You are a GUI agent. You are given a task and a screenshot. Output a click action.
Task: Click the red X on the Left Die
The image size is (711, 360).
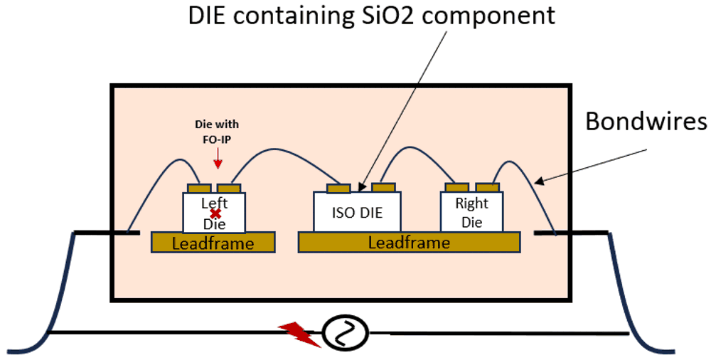215,213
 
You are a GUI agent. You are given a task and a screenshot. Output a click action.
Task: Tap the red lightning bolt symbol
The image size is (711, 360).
299,332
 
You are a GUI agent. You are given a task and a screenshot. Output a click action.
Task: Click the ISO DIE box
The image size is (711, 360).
358,212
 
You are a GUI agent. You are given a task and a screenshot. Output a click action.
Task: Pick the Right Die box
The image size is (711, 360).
472,212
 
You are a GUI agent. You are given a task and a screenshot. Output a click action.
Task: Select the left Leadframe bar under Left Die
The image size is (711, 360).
213,243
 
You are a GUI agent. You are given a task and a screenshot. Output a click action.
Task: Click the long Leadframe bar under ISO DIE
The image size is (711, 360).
407,243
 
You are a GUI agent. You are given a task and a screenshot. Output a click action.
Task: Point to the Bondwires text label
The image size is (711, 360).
646,122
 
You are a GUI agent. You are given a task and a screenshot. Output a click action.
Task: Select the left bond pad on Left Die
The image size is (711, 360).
199,189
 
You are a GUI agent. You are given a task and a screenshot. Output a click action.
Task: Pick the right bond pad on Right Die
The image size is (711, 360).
488,188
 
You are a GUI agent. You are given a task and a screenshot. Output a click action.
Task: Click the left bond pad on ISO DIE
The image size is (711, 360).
338,189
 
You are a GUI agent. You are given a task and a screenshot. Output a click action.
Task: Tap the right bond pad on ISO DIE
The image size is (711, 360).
383,188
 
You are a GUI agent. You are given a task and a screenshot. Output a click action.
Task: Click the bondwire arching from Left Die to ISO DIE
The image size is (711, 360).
284,151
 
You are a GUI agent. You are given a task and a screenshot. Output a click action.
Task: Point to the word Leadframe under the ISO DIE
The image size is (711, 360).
408,243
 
